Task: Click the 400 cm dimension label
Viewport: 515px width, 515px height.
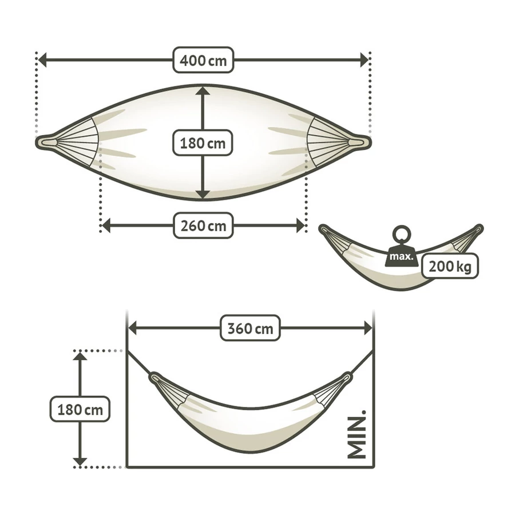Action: pos(203,60)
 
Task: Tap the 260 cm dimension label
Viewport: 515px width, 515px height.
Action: pos(203,225)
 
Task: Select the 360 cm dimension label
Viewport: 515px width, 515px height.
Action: pos(250,328)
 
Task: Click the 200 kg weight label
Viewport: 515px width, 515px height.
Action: pos(450,266)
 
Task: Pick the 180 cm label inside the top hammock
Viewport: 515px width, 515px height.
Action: pos(203,143)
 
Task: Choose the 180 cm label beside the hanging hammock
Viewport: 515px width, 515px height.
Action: pos(80,409)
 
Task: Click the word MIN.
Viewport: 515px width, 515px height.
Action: pos(356,434)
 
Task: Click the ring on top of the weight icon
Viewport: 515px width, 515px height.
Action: pos(401,235)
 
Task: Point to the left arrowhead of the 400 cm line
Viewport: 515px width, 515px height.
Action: pos(42,60)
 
